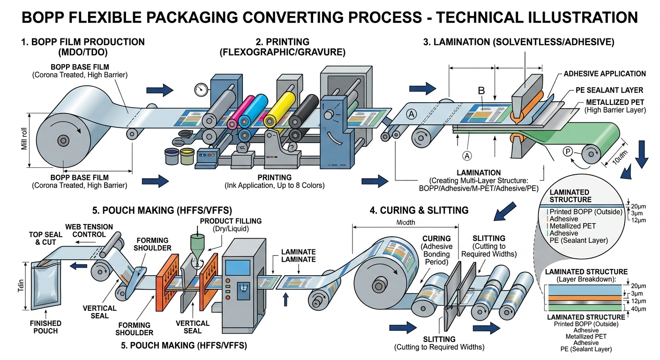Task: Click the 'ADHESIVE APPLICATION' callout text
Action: pos(604,74)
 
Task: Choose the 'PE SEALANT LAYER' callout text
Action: pos(609,90)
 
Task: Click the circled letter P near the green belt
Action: pos(567,151)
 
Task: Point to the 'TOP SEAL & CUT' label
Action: pos(42,239)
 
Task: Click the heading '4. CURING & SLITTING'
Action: pos(419,210)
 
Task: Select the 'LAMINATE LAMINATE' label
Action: pos(299,255)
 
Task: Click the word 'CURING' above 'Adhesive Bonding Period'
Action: pos(436,238)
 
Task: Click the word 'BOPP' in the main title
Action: pos(44,17)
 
